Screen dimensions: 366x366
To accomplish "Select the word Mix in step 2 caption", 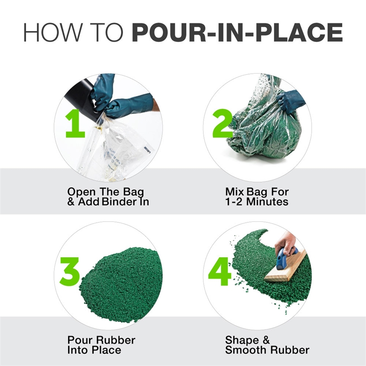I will tap(233, 191).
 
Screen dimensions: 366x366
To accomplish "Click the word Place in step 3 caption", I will tap(107, 350).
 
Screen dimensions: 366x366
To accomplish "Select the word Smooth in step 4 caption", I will tap(246, 350).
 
